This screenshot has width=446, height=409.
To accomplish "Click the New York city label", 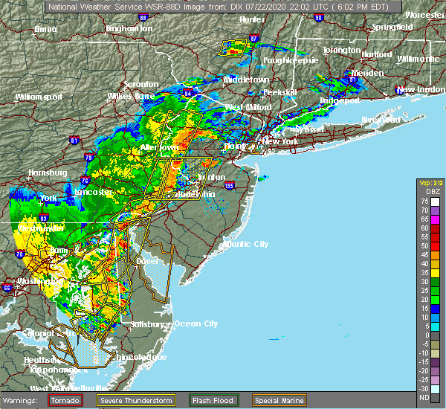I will [x=281, y=141].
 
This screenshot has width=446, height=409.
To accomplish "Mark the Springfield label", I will [x=393, y=27].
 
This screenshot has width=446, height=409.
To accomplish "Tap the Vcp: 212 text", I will [x=429, y=182].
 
